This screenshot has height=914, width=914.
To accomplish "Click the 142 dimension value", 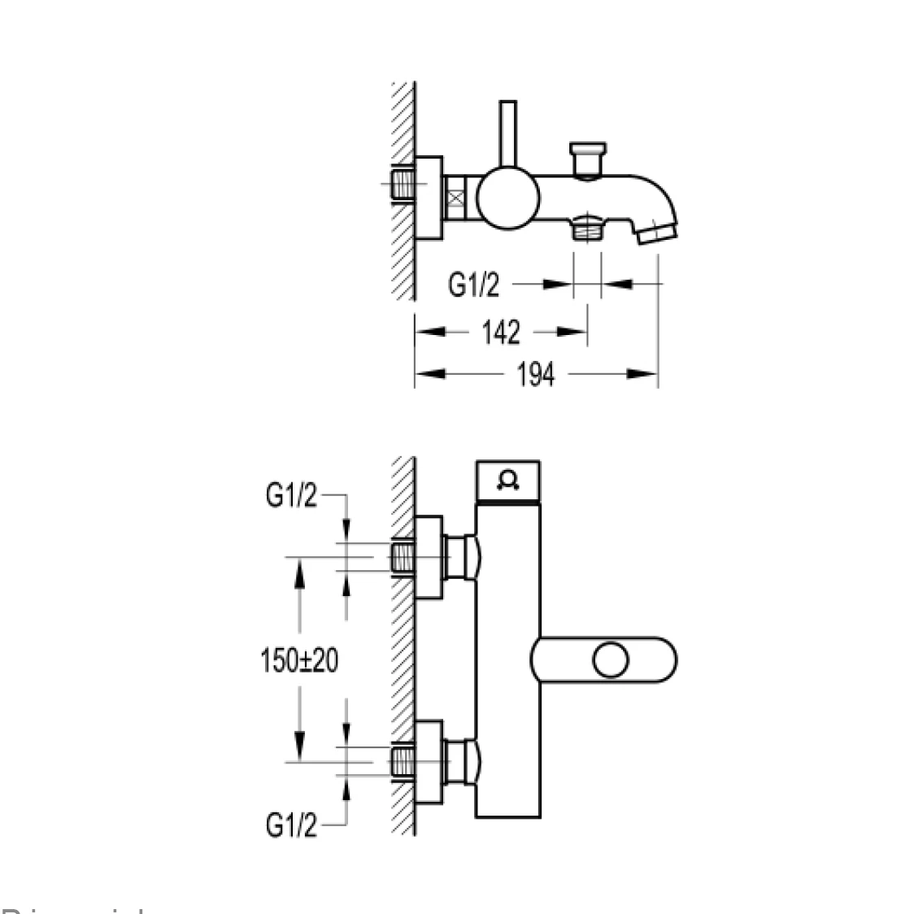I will [500, 332].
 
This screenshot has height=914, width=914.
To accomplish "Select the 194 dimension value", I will [537, 374].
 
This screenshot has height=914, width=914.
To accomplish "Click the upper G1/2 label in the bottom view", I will [291, 496].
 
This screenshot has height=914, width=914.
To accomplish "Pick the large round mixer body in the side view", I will [507, 198].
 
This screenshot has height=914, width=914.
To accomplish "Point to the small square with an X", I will [458, 198].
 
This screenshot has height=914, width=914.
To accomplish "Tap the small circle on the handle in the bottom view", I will [611, 659].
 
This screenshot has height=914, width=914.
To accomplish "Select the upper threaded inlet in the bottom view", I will [403, 558].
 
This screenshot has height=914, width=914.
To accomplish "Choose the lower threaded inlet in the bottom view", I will [403, 762].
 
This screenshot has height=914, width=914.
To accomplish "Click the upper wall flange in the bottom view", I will [429, 558].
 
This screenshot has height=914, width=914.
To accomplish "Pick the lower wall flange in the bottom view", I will [429, 762].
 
